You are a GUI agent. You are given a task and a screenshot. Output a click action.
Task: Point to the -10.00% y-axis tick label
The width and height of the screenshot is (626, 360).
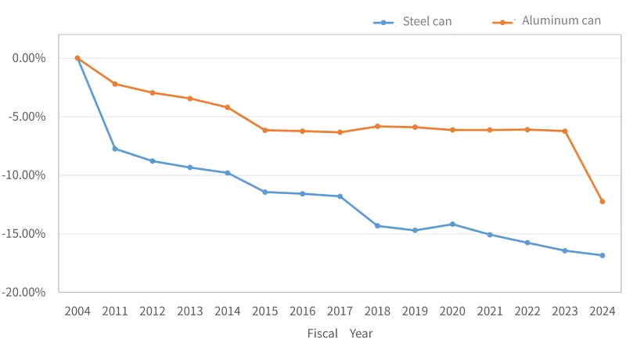tap(28, 175)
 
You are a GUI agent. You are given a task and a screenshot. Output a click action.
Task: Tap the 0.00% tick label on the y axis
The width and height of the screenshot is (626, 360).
tap(31, 58)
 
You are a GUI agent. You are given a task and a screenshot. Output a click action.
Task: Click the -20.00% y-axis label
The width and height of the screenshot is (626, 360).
tap(28, 292)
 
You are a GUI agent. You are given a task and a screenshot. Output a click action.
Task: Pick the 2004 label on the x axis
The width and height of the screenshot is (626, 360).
tap(77, 311)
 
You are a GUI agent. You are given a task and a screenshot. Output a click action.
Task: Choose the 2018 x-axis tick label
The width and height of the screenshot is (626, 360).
tap(377, 311)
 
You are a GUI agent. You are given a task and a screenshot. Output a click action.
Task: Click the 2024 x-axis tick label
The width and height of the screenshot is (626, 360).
tap(602, 311)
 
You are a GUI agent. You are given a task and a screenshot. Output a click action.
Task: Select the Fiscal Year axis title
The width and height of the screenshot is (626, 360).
tap(340, 333)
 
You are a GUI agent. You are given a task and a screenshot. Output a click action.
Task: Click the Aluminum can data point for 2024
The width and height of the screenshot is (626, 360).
tap(602, 201)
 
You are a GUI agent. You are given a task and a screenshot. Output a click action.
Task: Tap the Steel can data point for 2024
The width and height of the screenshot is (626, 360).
tap(602, 255)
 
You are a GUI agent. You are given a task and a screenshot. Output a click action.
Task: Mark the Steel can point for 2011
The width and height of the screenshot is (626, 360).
tap(115, 149)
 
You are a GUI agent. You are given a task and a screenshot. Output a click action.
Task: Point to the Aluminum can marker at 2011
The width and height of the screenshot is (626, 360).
tap(115, 84)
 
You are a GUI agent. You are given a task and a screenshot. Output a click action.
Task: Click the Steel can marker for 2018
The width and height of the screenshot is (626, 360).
tap(377, 225)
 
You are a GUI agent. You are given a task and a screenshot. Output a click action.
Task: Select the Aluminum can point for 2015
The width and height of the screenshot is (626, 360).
tap(264, 130)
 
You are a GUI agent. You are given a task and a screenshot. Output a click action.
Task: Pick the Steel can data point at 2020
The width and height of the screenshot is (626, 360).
tap(452, 224)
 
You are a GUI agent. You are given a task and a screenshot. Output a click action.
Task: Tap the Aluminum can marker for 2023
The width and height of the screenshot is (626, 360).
tap(564, 131)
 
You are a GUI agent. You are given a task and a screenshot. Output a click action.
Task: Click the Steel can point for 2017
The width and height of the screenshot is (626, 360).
tap(340, 196)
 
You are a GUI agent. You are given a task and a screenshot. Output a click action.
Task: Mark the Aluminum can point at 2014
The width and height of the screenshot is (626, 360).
tap(228, 107)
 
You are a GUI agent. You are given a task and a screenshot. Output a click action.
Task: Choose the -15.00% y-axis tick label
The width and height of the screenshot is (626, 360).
tap(28, 234)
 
